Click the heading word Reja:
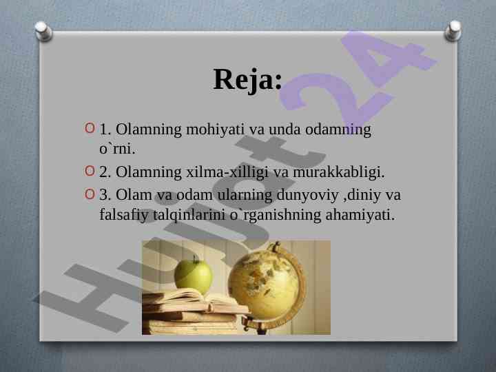tap(248, 79)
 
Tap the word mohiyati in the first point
tap(215, 130)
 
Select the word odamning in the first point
tap(338, 130)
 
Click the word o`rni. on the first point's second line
tap(117, 149)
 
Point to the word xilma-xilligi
tap(227, 172)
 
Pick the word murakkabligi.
tap(339, 172)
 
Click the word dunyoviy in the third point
tap(307, 195)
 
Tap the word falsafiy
tap(124, 215)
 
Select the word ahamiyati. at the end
tap(360, 215)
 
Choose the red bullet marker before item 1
tap(90, 128)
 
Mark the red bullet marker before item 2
tap(90, 171)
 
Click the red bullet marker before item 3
tap(90, 194)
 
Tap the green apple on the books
tap(193, 276)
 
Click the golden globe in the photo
tap(265, 281)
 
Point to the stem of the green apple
tap(196, 259)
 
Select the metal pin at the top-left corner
tap(43, 31)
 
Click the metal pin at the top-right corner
tap(453, 31)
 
